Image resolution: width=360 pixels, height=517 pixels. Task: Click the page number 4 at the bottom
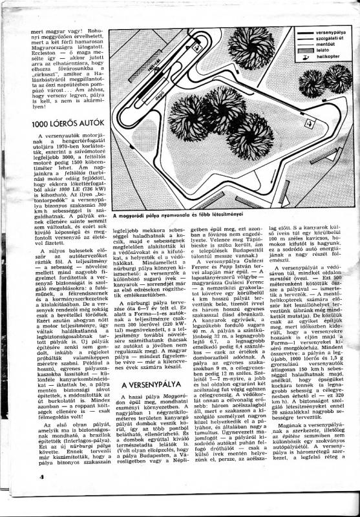coord(24,495)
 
